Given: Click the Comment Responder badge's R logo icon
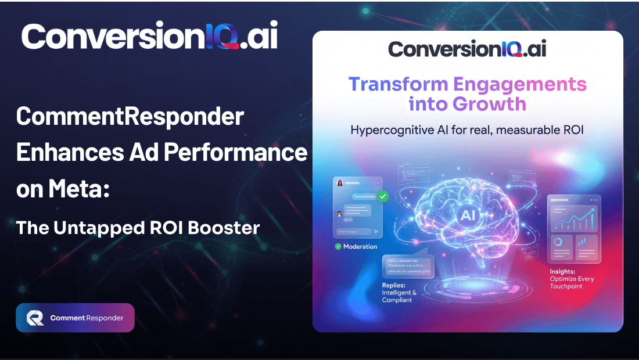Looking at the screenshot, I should [35, 318].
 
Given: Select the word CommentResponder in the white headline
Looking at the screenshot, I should [130, 117].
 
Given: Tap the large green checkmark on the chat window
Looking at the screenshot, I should [382, 196].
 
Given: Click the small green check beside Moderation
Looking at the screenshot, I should [338, 246].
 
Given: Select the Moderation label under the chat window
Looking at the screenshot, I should [360, 246].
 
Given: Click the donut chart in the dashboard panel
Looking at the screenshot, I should [558, 242].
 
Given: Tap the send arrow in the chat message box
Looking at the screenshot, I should [376, 231].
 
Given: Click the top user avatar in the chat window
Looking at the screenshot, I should [340, 183].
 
